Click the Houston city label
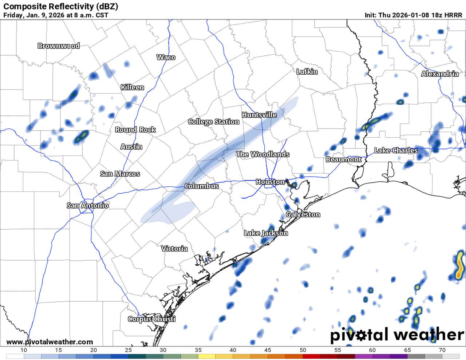coord(270,182)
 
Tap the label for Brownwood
coord(59,46)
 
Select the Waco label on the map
coord(166,57)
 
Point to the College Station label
coord(214,122)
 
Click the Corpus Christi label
coord(151,319)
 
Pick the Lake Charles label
coord(396,150)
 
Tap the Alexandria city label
coord(440,74)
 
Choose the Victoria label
coord(174,249)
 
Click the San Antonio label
coord(87,206)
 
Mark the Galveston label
coord(303,214)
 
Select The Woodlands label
coord(262,154)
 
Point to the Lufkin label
coord(307,72)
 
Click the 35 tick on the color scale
coord(198,350)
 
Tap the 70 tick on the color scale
coord(442,350)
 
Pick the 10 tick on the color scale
coord(24,350)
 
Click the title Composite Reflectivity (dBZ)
coord(60,7)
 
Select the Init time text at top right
coord(413,15)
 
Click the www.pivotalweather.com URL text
coord(50,342)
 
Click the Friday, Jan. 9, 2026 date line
coord(56,15)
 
